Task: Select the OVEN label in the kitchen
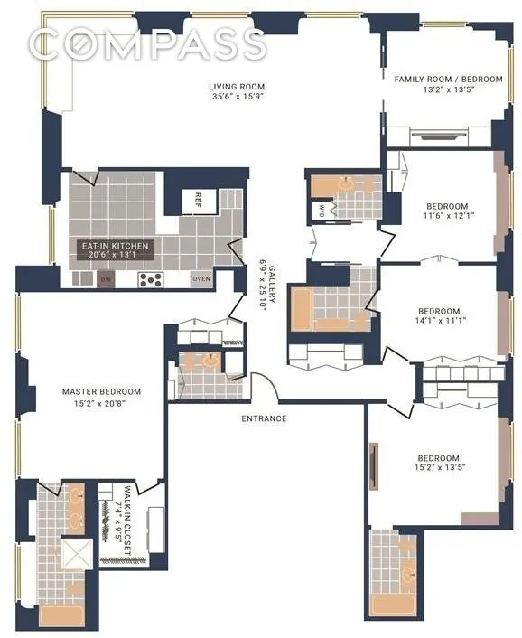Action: coord(201,279)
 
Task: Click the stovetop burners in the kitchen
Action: coord(150,279)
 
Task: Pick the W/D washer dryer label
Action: coord(322,211)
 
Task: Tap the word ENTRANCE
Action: coord(264,418)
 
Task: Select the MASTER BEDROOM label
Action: coord(101,391)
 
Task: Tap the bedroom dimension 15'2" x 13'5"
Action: coord(438,468)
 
